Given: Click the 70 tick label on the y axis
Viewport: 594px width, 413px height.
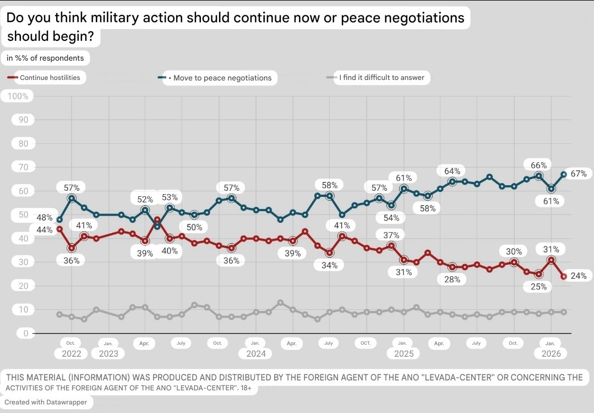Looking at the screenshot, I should pyautogui.click(x=24, y=167).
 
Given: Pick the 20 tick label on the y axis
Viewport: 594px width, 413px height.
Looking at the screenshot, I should pyautogui.click(x=24, y=286).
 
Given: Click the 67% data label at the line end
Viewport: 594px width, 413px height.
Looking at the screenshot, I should pyautogui.click(x=578, y=174).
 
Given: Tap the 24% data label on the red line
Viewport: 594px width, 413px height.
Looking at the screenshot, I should pyautogui.click(x=578, y=276).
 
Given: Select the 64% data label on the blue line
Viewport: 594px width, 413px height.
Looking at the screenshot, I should pyautogui.click(x=452, y=170).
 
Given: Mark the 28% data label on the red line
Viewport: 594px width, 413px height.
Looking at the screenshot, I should pyautogui.click(x=452, y=280).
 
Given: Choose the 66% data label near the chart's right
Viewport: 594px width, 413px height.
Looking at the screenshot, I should pyautogui.click(x=538, y=165).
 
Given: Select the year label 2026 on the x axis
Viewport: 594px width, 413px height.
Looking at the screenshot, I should pyautogui.click(x=551, y=354).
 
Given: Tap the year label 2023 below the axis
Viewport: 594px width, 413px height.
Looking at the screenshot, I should pyautogui.click(x=108, y=354).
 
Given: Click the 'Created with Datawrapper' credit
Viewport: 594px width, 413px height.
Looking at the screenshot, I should pyautogui.click(x=45, y=402).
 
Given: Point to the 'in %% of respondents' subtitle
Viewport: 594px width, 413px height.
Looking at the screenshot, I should pyautogui.click(x=45, y=57).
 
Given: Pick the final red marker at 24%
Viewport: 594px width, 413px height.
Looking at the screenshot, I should pyautogui.click(x=564, y=277).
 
